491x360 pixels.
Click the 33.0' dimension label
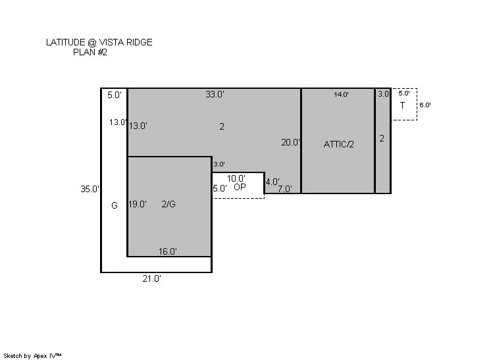[215, 94]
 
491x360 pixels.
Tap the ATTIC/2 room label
[338, 144]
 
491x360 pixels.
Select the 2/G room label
[168, 204]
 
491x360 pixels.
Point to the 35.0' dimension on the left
[90, 189]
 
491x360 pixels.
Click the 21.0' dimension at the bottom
[152, 278]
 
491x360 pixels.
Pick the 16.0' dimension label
[168, 251]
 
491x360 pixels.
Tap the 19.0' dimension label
[138, 204]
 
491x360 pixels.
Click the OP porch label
[240, 187]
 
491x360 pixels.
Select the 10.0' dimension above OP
[236, 178]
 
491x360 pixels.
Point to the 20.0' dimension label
[291, 142]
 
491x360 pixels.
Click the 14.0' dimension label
[341, 94]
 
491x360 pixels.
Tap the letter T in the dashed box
[402, 105]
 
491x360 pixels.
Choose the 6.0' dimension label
[425, 105]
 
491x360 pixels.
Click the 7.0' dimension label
[285, 189]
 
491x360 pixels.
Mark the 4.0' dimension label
[272, 182]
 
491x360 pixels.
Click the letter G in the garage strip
[115, 205]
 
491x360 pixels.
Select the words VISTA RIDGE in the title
[126, 42]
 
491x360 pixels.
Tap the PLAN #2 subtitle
[90, 52]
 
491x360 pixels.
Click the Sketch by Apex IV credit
[32, 356]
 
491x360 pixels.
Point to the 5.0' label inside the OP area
[220, 188]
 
